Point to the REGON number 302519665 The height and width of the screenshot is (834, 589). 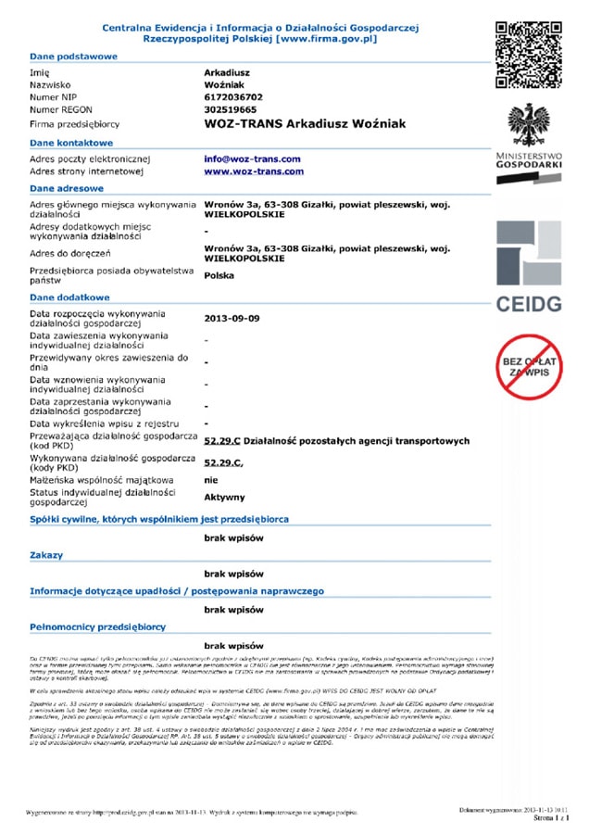(x=231, y=109)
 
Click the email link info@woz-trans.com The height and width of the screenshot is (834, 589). (x=252, y=158)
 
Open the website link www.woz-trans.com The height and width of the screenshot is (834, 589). (x=254, y=171)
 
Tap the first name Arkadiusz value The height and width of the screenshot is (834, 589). (x=228, y=70)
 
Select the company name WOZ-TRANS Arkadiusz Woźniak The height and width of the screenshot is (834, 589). (x=305, y=123)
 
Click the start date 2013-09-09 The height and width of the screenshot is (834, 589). (x=232, y=318)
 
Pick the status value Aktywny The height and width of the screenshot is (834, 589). (x=225, y=497)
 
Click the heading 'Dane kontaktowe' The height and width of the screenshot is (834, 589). (x=71, y=143)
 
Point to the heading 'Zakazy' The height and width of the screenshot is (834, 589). (x=46, y=555)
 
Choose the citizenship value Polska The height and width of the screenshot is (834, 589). (x=219, y=275)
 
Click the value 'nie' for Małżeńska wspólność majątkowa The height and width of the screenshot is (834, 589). (x=210, y=480)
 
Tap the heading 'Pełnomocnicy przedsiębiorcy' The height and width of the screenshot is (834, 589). (x=97, y=627)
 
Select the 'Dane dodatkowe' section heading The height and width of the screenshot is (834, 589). (x=69, y=297)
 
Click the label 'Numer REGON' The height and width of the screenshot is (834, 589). (x=62, y=109)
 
